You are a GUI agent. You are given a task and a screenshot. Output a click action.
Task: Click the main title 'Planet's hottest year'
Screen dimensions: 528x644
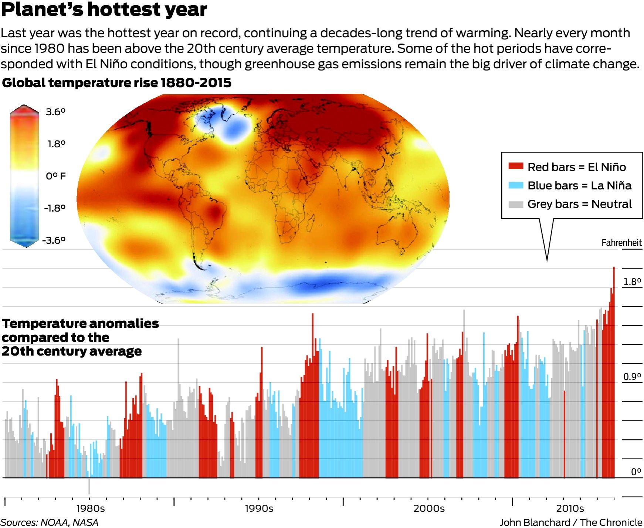point(104,10)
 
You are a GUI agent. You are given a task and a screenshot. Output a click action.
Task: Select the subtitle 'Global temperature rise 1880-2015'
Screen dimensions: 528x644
point(117,83)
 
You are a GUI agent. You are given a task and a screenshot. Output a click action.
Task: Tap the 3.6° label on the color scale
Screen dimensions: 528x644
point(55,112)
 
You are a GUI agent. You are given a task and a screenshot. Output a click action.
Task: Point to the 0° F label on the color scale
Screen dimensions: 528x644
point(56,176)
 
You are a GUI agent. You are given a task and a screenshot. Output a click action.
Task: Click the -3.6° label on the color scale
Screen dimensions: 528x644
point(54,240)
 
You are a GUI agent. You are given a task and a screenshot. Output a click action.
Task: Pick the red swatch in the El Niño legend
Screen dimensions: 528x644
point(516,166)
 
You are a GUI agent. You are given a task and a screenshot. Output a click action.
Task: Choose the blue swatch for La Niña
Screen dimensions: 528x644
point(516,185)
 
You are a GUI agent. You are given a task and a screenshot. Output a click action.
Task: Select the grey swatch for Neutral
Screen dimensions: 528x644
point(516,204)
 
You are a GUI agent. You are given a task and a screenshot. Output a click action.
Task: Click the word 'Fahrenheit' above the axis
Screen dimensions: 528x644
point(621,243)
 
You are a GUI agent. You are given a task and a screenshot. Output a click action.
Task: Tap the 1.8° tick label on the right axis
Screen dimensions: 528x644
point(632,282)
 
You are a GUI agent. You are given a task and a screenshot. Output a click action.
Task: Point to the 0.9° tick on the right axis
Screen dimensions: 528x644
point(632,377)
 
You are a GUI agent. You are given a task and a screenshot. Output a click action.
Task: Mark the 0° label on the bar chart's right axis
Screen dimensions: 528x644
point(636,472)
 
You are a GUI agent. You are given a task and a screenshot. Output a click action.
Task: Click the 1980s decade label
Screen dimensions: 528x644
point(91,508)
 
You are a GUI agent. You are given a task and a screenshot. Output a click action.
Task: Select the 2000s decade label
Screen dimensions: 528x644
point(429,508)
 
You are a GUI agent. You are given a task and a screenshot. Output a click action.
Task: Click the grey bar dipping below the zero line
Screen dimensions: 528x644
point(89,486)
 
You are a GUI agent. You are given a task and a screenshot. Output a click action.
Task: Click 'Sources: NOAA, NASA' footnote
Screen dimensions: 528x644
point(49,522)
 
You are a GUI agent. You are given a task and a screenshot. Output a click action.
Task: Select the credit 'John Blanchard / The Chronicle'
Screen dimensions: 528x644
point(571,522)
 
